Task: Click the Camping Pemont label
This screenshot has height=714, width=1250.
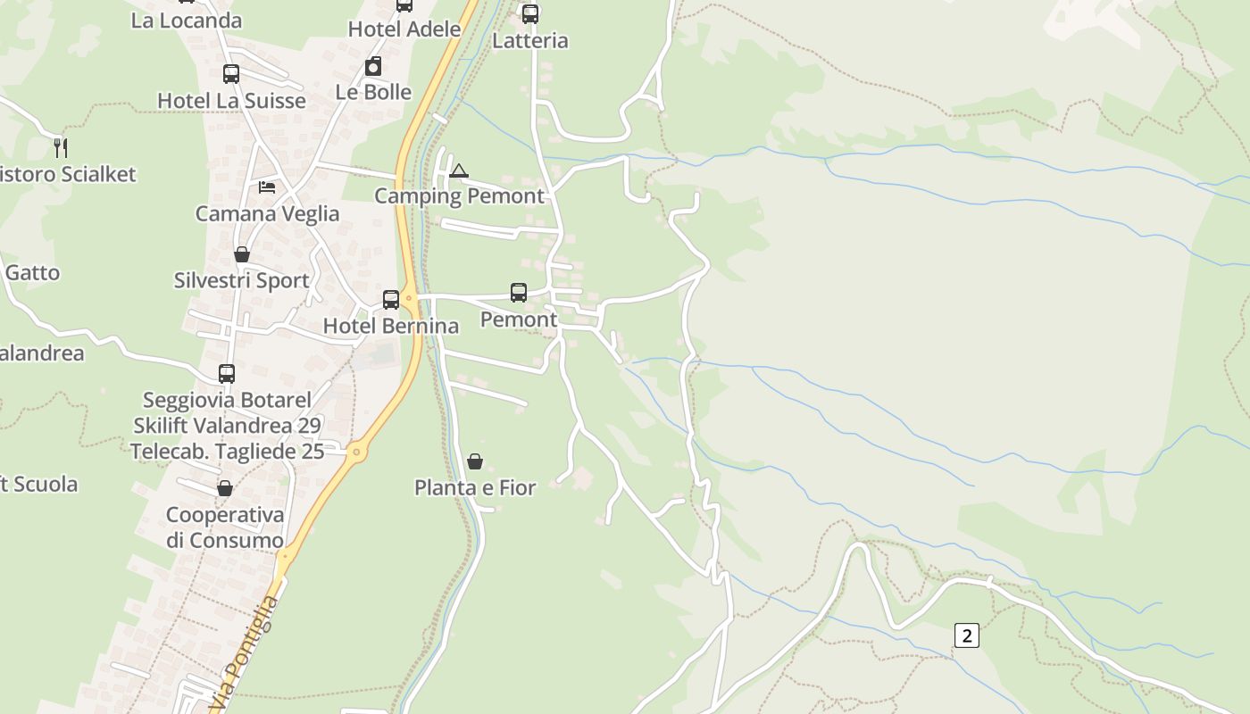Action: tap(459, 196)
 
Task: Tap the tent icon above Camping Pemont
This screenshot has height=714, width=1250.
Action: tap(458, 170)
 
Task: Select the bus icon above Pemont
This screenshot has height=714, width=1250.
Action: tap(519, 292)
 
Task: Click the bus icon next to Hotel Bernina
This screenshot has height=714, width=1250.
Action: tap(391, 299)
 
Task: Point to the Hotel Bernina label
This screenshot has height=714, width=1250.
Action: tap(390, 326)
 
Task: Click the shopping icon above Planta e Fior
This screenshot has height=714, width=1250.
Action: tap(475, 461)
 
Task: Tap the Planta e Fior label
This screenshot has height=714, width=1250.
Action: tap(475, 488)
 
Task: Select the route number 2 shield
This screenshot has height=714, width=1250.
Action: tap(966, 635)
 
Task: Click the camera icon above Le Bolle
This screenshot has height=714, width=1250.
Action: tap(373, 66)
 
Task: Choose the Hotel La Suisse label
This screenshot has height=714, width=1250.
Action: tap(231, 101)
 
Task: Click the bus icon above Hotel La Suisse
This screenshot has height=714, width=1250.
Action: tap(231, 74)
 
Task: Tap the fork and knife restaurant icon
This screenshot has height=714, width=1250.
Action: tap(61, 147)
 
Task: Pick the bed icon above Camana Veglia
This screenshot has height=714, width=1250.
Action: tap(267, 187)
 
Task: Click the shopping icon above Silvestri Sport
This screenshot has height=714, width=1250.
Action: tap(242, 254)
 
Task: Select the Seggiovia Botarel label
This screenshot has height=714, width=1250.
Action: tap(227, 400)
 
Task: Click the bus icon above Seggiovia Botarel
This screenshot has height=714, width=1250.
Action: tap(227, 374)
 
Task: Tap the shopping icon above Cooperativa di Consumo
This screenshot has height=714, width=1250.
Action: tap(225, 488)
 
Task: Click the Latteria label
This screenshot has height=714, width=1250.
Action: tap(529, 40)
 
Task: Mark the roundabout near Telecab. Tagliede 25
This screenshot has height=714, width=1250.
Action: tap(356, 452)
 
